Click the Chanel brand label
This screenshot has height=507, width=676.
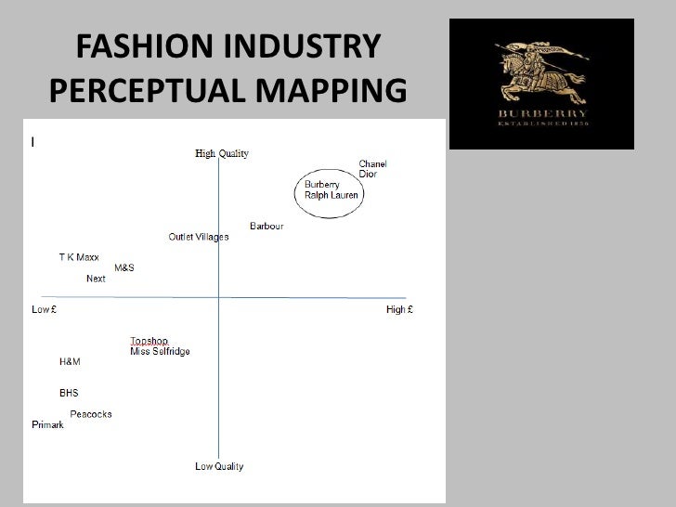(372, 164)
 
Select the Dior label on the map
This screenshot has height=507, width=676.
(368, 175)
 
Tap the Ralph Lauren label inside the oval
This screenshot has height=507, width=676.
(331, 195)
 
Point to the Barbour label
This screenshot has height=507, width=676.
(266, 227)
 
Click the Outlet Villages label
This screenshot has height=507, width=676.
(198, 237)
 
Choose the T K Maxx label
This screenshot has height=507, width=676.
(79, 257)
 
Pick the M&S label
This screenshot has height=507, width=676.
(124, 267)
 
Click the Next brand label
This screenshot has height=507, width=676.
(96, 279)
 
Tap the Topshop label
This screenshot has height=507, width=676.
(149, 341)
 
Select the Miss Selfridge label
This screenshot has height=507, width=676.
(160, 351)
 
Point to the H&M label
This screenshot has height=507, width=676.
(70, 361)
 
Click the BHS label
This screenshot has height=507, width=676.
(69, 393)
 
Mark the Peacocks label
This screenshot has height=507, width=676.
(91, 414)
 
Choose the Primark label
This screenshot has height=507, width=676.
(47, 424)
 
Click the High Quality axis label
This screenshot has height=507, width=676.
(222, 153)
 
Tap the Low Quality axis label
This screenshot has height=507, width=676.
(219, 466)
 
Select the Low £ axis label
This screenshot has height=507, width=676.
(44, 309)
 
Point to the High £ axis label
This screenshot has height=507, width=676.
(399, 309)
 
